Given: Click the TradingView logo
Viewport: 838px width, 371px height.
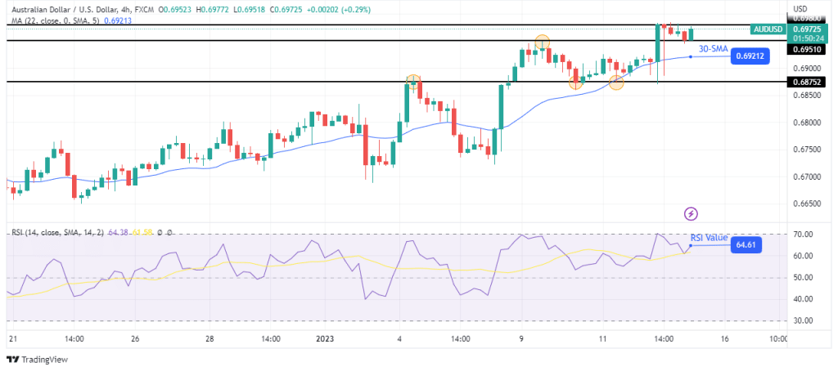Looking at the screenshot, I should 38,360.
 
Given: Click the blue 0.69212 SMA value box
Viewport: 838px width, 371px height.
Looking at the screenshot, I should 750,56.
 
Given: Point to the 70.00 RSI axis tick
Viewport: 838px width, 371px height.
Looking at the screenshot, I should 802,235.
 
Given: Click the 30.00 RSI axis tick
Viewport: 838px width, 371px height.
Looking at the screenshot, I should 802,321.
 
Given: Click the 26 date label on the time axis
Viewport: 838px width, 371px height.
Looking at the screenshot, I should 135,338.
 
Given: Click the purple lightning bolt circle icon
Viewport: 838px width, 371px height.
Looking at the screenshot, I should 692,213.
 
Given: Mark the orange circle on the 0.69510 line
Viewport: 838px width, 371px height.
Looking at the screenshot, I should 542,42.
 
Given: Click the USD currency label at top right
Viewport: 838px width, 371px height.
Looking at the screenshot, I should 800,9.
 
